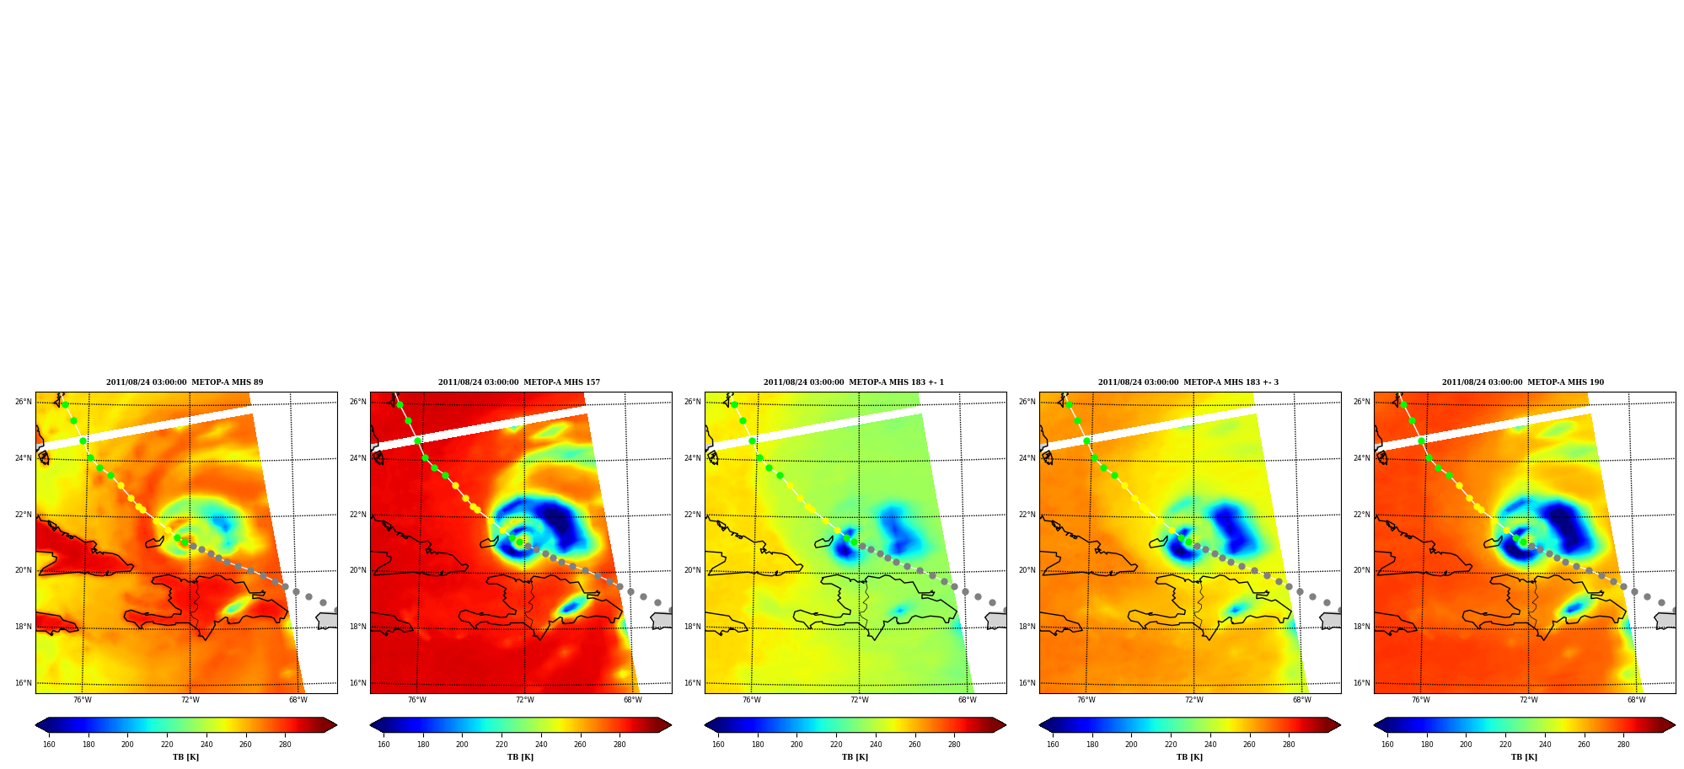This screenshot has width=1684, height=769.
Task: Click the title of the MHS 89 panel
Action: click(185, 382)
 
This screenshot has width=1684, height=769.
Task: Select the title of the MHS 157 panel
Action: click(519, 382)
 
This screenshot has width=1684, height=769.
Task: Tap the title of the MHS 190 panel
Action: click(1523, 382)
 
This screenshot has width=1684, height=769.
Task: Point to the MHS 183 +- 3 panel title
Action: click(1188, 382)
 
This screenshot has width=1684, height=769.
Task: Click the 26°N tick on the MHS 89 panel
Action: click(24, 402)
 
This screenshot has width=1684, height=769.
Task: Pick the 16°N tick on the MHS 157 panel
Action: click(358, 683)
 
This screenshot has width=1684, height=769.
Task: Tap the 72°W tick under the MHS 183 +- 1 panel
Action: click(859, 700)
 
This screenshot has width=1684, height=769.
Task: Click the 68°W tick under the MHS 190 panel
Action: click(1636, 700)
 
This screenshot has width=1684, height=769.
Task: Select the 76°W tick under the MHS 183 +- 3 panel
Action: click(1086, 700)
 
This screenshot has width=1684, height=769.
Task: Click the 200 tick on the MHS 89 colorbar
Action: click(127, 745)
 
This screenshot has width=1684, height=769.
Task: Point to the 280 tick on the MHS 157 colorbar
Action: click(619, 745)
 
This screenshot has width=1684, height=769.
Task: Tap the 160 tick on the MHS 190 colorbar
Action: click(1387, 745)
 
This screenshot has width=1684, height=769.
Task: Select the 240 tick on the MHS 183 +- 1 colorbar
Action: click(876, 745)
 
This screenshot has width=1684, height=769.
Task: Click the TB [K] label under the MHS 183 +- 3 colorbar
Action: click(1189, 757)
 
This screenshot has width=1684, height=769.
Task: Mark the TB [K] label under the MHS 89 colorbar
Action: click(185, 757)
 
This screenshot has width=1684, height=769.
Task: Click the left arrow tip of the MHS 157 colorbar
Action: click(371, 725)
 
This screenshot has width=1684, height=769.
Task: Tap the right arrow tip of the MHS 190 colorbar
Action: click(1675, 725)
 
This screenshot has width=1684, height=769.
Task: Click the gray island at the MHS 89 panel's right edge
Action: click(327, 621)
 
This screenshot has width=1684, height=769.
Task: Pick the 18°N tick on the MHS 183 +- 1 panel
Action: click(693, 627)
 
